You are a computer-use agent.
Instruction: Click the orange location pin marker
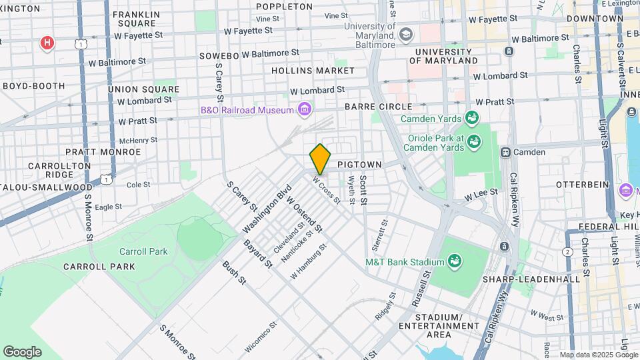pyautogui.click(x=321, y=159)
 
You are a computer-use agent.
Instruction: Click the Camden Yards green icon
pyautogui.click(x=473, y=119)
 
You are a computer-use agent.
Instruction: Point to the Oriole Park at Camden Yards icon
pyautogui.click(x=474, y=141)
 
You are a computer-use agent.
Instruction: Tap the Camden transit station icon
pyautogui.click(x=506, y=152)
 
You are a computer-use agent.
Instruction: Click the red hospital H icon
pyautogui.click(x=47, y=44)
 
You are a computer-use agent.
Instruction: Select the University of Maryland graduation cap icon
pyautogui.click(x=405, y=33)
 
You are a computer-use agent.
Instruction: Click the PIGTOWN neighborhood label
pyautogui.click(x=359, y=164)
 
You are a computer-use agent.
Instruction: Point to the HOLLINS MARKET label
pyautogui.click(x=313, y=70)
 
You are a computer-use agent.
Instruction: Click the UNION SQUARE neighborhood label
pyautogui.click(x=143, y=89)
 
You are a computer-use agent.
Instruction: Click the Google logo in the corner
pyautogui.click(x=22, y=351)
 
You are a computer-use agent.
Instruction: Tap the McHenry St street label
pyautogui.click(x=138, y=141)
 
